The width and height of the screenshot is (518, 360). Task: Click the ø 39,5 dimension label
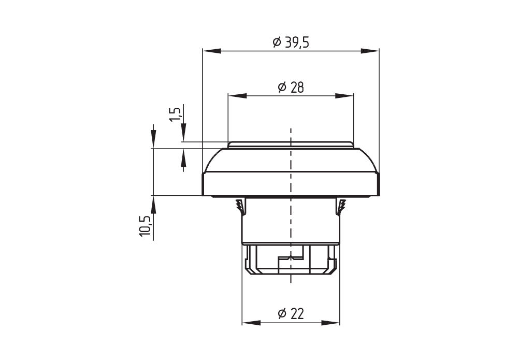point(291,42)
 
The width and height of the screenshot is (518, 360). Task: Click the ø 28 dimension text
point(291,88)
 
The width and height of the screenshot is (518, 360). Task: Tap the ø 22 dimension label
point(291,313)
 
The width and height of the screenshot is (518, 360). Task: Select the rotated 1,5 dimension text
point(176,114)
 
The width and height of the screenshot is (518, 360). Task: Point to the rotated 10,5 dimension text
point(146,226)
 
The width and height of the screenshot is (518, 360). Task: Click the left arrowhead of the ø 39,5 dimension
point(212,51)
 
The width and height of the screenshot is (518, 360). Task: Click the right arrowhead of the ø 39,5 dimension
point(370,51)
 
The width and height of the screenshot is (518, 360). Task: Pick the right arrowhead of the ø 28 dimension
point(344,96)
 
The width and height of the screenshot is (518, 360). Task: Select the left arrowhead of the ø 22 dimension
point(251,323)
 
